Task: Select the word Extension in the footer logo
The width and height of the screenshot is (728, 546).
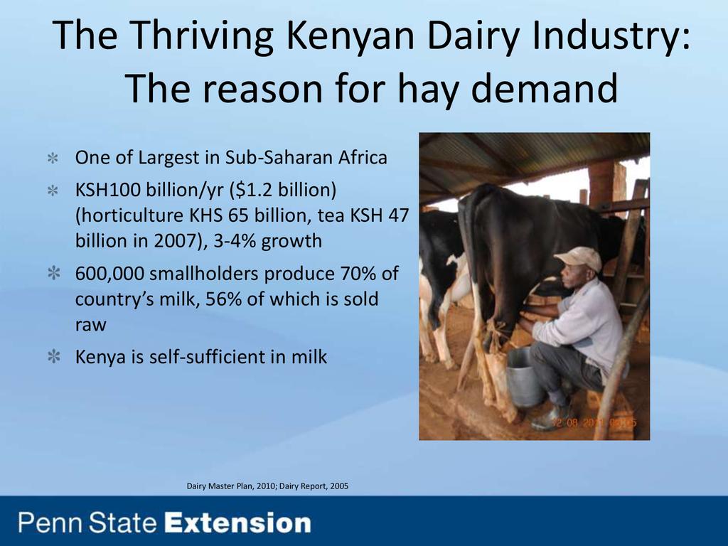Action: (x=237, y=523)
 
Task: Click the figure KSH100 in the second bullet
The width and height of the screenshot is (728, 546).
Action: (x=108, y=190)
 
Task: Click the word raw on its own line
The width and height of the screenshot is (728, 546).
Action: (x=90, y=325)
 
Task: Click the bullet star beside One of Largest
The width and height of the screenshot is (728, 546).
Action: (x=53, y=158)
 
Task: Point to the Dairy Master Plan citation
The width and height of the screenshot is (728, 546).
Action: (x=267, y=486)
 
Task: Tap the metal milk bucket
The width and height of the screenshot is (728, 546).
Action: (x=525, y=378)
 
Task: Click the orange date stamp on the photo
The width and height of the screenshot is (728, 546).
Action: (x=594, y=423)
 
